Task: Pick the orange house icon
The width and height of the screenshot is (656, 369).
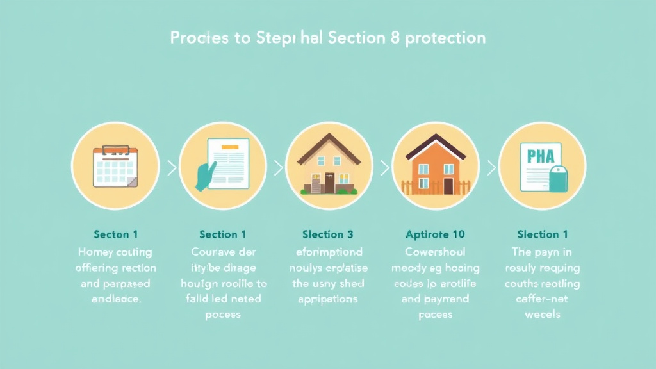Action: (x=436, y=168)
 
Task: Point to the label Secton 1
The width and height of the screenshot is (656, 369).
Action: (x=115, y=234)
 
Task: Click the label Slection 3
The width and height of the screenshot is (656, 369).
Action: (x=327, y=234)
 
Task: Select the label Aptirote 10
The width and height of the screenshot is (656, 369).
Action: (x=436, y=234)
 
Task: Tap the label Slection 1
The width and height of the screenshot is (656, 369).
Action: (x=542, y=234)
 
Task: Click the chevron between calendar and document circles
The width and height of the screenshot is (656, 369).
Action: (x=171, y=168)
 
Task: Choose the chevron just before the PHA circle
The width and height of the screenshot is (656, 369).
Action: (x=491, y=168)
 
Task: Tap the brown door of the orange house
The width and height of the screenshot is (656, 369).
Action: (x=448, y=186)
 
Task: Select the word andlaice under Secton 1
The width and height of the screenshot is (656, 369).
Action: (x=115, y=299)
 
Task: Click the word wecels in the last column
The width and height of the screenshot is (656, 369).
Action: (x=542, y=315)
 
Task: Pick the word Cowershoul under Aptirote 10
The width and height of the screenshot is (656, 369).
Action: (x=436, y=252)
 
